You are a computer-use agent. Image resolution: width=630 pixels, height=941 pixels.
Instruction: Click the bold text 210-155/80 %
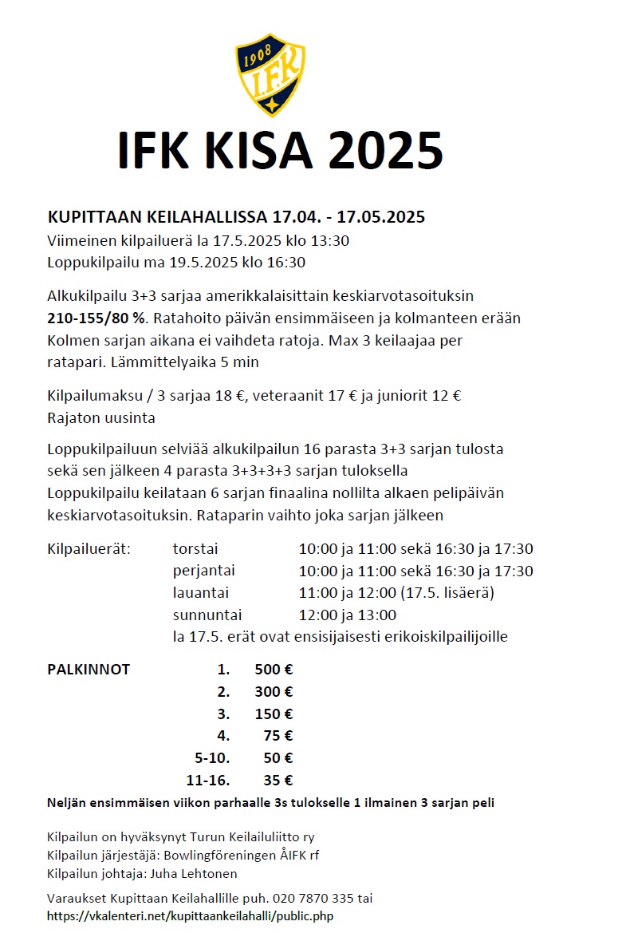pos(96,318)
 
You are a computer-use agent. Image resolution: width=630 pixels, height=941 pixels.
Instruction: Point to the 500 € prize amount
pos(274,670)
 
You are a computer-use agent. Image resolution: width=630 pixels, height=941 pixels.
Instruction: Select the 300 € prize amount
pos(274,692)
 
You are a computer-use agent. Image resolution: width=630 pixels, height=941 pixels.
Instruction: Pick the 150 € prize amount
pos(274,714)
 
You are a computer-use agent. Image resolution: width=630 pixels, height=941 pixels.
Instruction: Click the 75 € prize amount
pos(278,736)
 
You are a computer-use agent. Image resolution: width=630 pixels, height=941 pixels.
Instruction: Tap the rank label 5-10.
pos(212,758)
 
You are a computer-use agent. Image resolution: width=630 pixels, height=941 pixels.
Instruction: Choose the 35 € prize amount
pos(278,781)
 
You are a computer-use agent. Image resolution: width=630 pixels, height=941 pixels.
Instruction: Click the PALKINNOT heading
pos(89,670)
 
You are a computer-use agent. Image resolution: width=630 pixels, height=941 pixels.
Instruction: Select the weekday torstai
pos(195,549)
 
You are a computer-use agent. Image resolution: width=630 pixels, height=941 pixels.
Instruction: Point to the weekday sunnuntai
pos(207,615)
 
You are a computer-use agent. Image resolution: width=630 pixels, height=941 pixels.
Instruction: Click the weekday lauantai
pos(201,593)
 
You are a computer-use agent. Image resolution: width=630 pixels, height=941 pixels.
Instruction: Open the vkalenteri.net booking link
pos(190,916)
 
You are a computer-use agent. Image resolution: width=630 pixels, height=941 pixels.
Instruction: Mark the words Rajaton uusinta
pos(100,417)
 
